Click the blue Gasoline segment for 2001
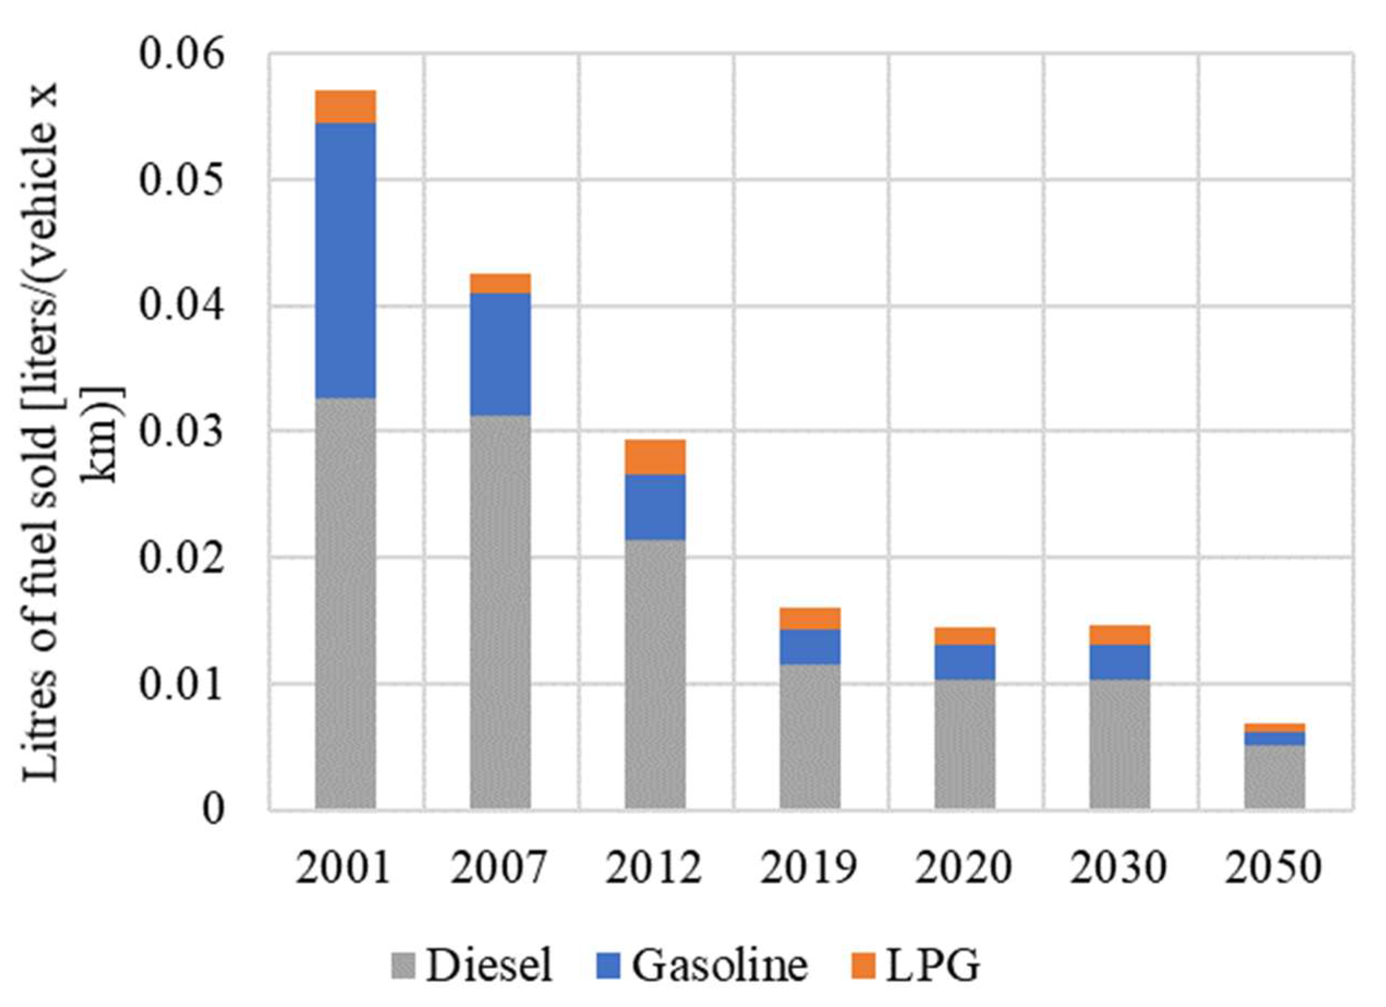point(345,260)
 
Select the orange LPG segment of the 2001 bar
point(345,106)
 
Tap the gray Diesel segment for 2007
point(500,611)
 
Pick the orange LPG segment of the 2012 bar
point(654,457)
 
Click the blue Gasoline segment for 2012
point(654,507)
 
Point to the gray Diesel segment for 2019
point(810,736)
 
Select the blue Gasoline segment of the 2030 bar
point(1120,661)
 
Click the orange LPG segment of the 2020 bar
point(964,636)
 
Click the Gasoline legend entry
point(701,967)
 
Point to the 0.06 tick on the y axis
point(181,55)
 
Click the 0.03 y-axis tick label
point(181,432)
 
